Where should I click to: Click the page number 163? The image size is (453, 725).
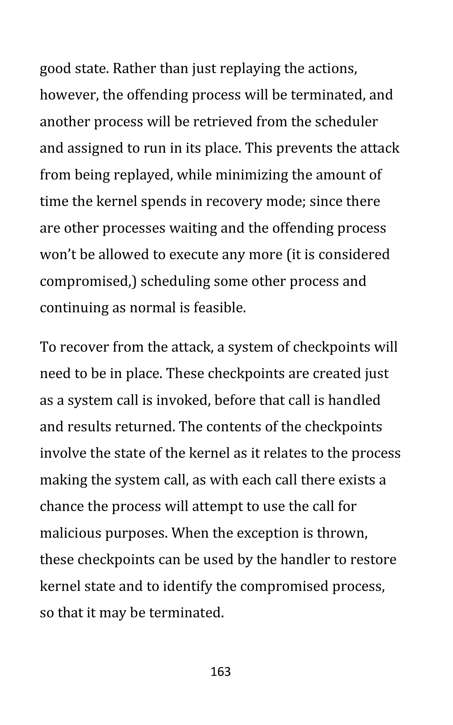point(221,672)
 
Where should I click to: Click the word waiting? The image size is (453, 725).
point(193,228)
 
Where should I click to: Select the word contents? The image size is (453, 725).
point(233,427)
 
